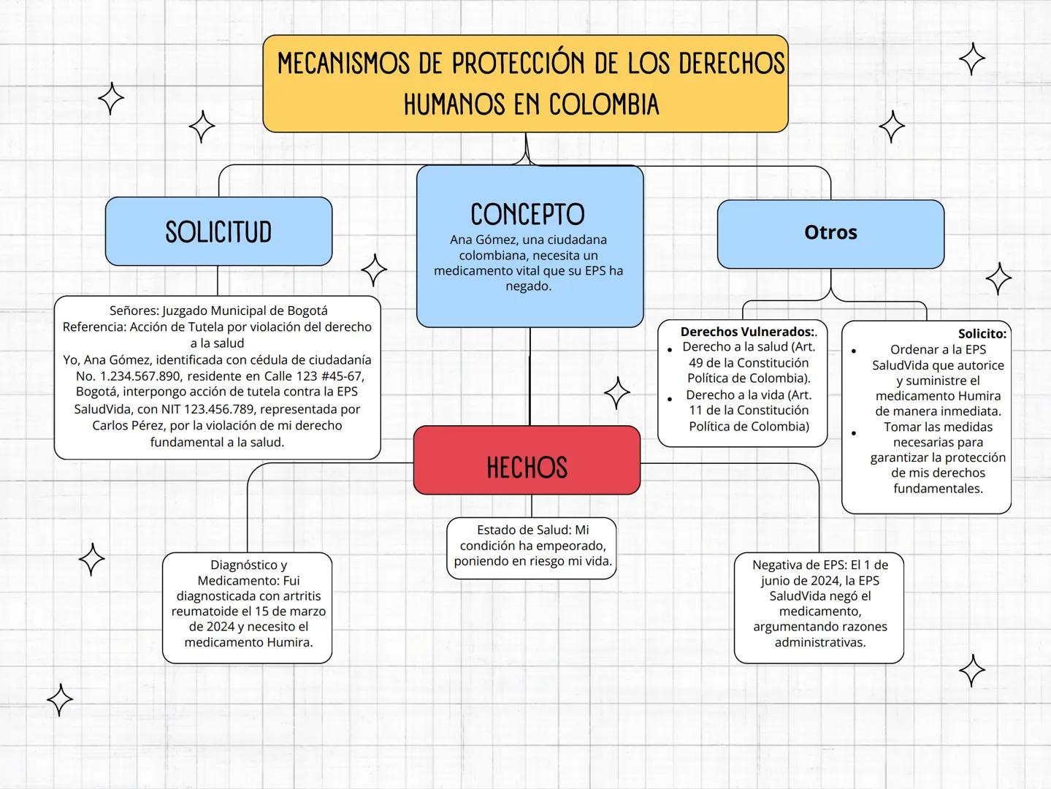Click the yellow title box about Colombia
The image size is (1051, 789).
tap(525, 83)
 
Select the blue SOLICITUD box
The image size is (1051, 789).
tap(218, 232)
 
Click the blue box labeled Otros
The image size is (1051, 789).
tap(830, 234)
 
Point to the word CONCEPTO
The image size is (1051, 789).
tap(527, 215)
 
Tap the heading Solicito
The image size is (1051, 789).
tap(982, 334)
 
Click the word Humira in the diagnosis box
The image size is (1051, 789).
tap(290, 642)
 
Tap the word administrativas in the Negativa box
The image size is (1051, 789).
tap(819, 642)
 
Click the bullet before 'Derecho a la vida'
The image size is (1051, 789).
tap(670, 398)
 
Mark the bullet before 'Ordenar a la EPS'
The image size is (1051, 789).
tap(854, 351)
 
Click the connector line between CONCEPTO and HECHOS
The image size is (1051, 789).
tap(530, 376)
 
